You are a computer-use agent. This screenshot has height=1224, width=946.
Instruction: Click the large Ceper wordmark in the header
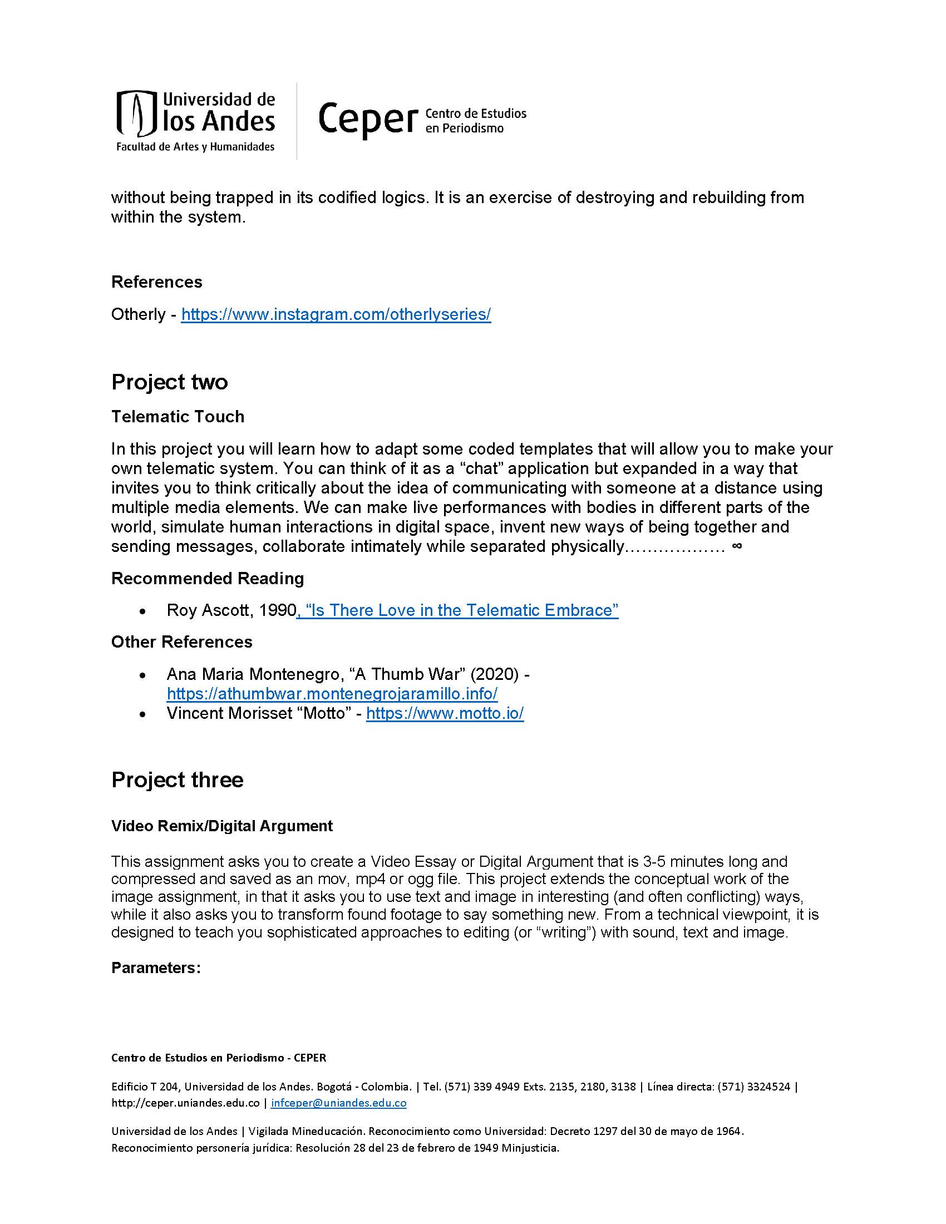pyautogui.click(x=368, y=119)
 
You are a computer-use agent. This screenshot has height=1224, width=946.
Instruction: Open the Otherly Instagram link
pyautogui.click(x=336, y=314)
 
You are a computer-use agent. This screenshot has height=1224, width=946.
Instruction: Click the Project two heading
pyautogui.click(x=169, y=382)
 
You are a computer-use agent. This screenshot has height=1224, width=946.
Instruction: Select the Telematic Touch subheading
pyautogui.click(x=178, y=416)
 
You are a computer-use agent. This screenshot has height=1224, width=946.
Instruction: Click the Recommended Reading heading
pyautogui.click(x=208, y=579)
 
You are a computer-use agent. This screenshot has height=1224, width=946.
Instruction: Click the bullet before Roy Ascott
pyautogui.click(x=144, y=611)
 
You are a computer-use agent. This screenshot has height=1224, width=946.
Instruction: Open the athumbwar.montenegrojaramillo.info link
pyautogui.click(x=332, y=694)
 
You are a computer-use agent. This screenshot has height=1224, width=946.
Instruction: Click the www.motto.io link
pyautogui.click(x=445, y=713)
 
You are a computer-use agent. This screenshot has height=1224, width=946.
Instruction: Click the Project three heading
pyautogui.click(x=177, y=780)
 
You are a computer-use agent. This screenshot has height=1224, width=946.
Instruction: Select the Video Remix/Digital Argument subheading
pyautogui.click(x=222, y=826)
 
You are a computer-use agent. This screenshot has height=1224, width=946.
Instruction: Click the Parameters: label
pyautogui.click(x=156, y=968)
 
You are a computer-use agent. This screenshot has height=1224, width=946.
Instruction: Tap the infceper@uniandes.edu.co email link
pyautogui.click(x=338, y=1103)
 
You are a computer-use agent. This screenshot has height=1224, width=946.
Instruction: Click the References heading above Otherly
pyautogui.click(x=156, y=282)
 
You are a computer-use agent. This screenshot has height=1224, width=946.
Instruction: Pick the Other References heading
pyautogui.click(x=181, y=641)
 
